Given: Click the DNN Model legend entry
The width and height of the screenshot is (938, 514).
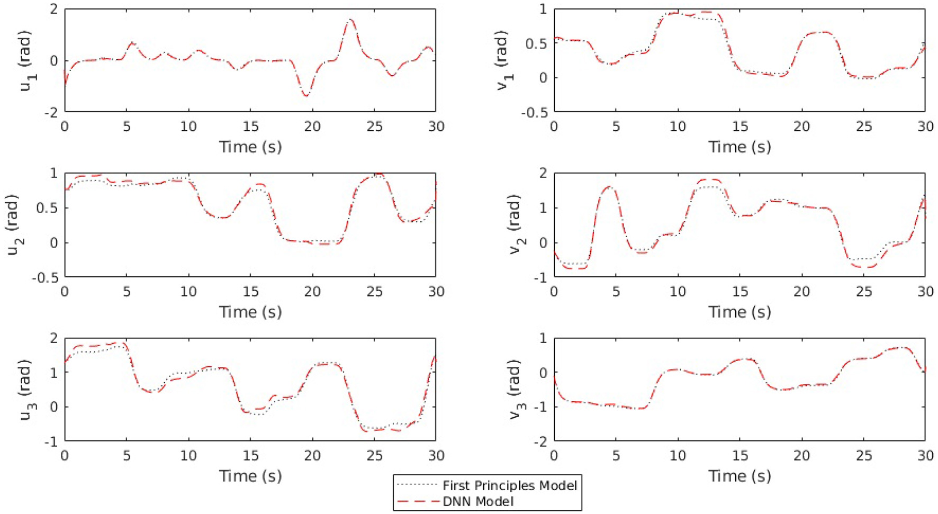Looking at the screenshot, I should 477,501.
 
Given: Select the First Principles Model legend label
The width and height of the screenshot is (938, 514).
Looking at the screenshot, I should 509,485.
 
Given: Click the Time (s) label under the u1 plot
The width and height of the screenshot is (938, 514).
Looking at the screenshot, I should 250,147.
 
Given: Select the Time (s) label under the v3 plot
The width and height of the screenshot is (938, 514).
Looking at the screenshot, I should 739,476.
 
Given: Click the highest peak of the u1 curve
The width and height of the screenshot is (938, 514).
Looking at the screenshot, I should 350,20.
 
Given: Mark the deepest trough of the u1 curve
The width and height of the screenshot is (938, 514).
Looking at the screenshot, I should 306,96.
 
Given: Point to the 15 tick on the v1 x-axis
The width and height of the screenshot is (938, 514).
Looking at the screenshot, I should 739,127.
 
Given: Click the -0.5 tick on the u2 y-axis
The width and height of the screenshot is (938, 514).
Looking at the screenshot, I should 46,277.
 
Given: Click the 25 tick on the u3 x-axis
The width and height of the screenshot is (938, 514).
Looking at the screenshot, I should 374,456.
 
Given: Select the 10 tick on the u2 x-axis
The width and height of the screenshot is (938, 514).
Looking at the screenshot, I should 188,291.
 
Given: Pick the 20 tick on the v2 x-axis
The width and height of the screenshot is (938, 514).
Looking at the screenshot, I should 801,291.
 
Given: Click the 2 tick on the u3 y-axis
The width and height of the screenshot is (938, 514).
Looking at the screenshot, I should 53,338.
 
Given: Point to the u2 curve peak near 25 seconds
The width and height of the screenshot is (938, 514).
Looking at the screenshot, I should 377,175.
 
